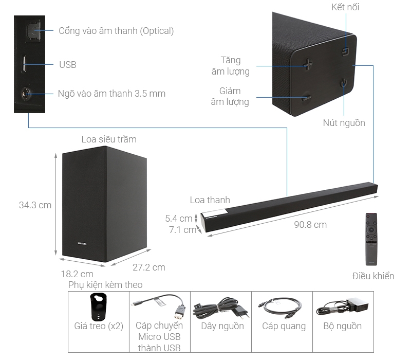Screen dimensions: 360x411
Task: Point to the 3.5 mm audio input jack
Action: (26, 94)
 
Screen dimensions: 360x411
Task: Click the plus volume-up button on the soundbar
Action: (307, 64)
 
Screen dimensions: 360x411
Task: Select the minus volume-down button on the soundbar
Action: (307, 97)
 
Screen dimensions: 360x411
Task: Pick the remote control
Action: (370, 238)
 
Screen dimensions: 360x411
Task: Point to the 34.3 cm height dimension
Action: (35, 205)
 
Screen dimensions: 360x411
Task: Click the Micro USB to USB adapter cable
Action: (159, 307)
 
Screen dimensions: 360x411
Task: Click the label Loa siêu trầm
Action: (109, 139)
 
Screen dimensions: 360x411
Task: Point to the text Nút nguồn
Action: (344, 123)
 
